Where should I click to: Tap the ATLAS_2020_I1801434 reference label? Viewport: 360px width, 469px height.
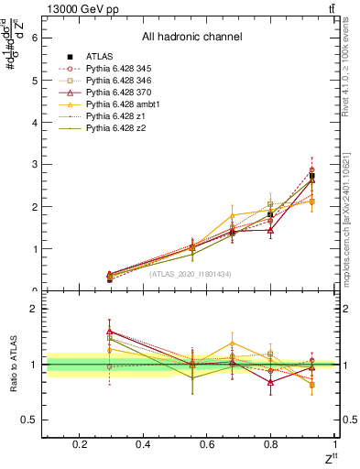(191, 273)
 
